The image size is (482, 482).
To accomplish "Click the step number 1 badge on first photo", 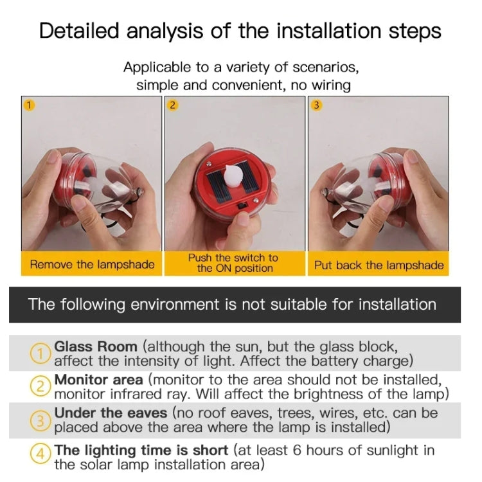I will tap(28, 104).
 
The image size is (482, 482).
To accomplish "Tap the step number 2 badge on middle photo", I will tap(172, 105).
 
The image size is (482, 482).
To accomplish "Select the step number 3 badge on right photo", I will tap(316, 105).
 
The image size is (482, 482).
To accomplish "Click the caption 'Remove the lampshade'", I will tap(92, 265).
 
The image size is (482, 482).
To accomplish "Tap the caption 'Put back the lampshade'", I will tap(379, 265).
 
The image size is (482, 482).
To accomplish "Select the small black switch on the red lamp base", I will tap(243, 205).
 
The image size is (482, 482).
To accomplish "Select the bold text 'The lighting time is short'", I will tap(141, 450).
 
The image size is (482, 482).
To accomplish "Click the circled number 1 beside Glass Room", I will tap(41, 353).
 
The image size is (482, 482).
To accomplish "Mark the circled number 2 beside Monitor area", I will tap(41, 386).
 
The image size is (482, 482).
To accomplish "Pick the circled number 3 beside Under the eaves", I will tap(41, 420).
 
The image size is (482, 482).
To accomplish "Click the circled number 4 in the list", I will tap(41, 454).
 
